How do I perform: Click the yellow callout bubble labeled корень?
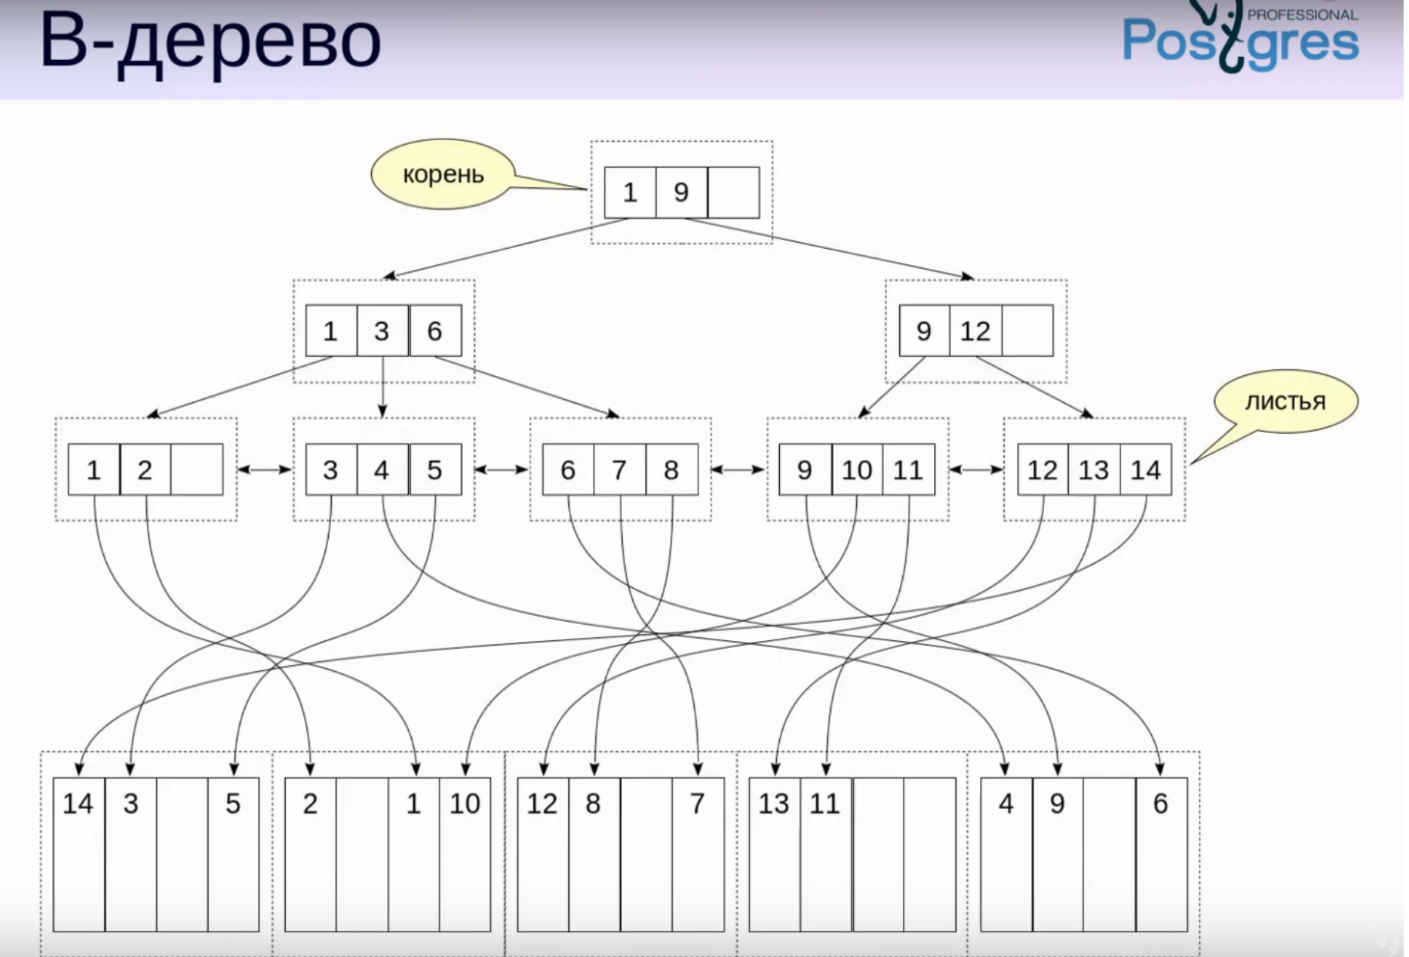point(443,174)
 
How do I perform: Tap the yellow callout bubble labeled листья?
point(1285,401)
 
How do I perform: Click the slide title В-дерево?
point(210,40)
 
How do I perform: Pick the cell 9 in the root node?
point(681,192)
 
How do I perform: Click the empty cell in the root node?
point(733,192)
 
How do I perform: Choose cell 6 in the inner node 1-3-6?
point(435,331)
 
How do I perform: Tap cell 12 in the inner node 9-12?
point(975,331)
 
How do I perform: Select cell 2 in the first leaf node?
point(145,469)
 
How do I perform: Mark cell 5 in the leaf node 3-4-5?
point(435,469)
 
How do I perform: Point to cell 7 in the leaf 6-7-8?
point(619,469)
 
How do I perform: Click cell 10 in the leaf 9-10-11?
point(856,469)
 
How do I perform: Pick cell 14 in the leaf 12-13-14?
point(1145,469)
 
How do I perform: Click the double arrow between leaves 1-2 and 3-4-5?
point(264,469)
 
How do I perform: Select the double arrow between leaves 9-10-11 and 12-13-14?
point(976,469)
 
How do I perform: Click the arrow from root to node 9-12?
point(832,249)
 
